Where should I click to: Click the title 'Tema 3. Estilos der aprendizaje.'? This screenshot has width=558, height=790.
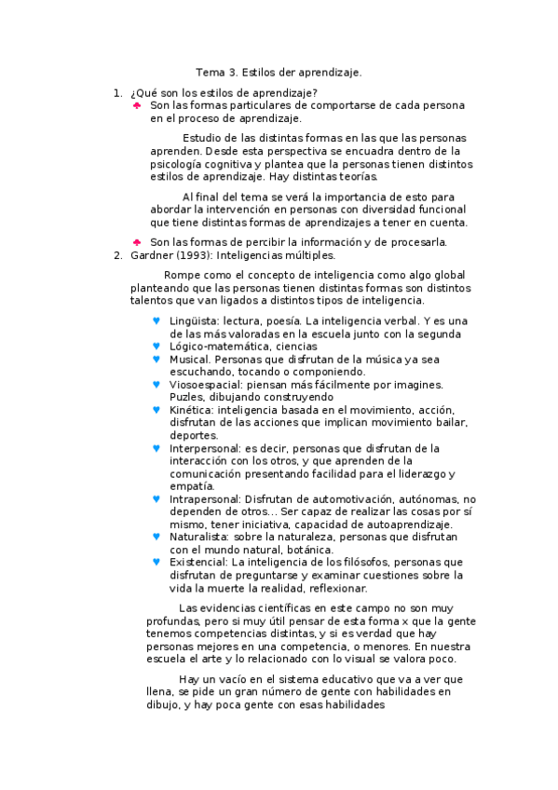279,72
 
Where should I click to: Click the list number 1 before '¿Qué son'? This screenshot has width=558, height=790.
116,92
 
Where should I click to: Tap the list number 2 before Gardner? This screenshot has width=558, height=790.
116,254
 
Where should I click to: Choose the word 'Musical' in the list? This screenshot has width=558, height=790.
188,358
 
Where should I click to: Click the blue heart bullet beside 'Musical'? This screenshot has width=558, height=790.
156,358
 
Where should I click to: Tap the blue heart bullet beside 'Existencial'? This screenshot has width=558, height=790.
156,562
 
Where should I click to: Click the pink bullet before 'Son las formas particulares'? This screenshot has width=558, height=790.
137,105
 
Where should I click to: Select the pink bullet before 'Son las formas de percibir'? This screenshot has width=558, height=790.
137,242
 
